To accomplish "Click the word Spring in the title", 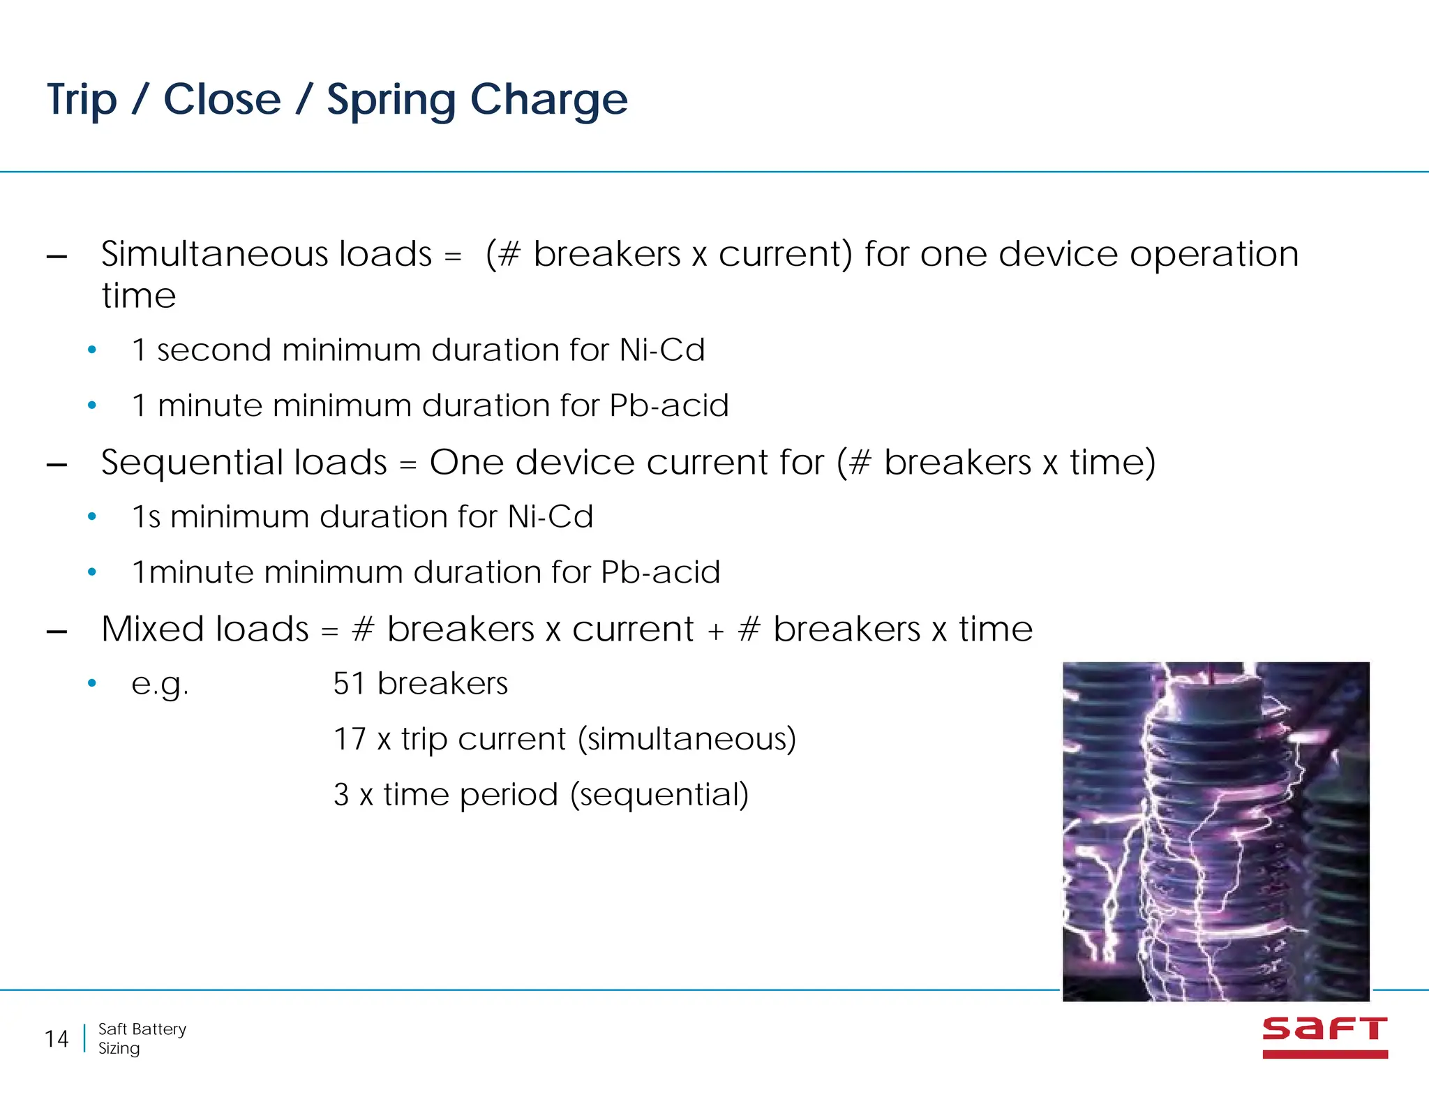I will coord(391,100).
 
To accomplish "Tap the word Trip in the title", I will coord(82,100).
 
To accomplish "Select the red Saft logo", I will coord(1324,1037).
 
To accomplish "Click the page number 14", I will coord(57,1039).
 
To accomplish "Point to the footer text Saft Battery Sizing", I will coord(142,1038).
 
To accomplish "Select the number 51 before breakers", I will coord(349,683).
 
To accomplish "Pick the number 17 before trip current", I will coord(349,739).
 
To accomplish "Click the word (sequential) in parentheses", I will coord(659,794).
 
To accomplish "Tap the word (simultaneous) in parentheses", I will coord(687,739).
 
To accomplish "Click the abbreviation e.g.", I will coord(160,685).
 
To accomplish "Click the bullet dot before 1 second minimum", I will coord(91,350).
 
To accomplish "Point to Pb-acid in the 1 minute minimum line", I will coord(668,405).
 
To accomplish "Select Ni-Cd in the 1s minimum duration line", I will coord(550,517).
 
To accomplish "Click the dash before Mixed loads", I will coord(57,632).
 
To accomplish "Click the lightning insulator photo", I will coord(1215,830).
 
